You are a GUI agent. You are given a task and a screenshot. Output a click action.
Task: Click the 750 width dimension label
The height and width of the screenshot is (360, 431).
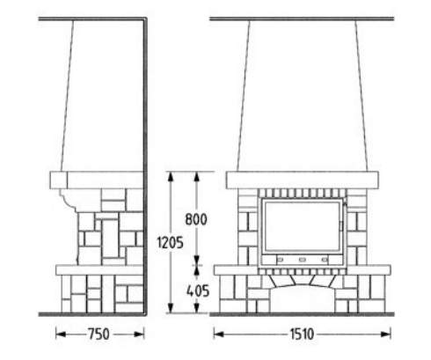[99, 334]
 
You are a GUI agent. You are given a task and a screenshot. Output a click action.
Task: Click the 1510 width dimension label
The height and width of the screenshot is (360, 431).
[302, 334]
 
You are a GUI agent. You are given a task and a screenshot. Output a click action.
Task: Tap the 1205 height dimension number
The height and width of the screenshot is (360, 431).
[170, 242]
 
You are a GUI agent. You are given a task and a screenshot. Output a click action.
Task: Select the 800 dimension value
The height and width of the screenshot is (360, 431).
[196, 219]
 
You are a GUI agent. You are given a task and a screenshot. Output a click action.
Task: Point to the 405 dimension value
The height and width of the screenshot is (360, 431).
[198, 290]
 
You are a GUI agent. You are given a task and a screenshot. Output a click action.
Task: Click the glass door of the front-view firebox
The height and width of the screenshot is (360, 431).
[303, 226]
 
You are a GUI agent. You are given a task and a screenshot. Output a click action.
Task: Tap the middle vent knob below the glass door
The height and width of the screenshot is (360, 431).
[303, 260]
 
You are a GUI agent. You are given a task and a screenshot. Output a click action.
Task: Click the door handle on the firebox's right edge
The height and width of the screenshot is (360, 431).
[341, 226]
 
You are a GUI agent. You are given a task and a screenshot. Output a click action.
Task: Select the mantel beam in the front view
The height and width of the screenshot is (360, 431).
[302, 180]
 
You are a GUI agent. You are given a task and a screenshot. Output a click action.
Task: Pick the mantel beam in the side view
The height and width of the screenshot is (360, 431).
[97, 180]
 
